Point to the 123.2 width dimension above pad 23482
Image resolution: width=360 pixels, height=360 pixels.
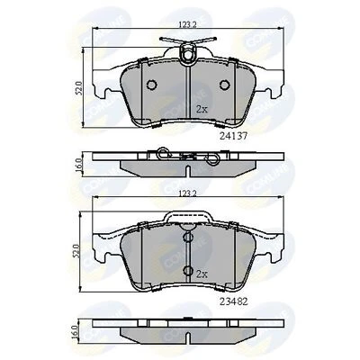(186, 193)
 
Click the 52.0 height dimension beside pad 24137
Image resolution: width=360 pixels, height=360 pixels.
(80, 88)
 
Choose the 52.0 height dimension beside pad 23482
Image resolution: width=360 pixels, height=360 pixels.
(80, 247)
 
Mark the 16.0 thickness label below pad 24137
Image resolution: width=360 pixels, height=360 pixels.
(80, 165)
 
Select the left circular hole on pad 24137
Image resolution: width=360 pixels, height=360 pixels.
(151, 85)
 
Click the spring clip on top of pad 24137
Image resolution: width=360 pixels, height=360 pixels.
(186, 51)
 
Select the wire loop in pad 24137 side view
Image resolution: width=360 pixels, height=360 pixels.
(165, 153)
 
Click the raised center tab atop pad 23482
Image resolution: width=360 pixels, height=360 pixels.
(186, 215)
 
